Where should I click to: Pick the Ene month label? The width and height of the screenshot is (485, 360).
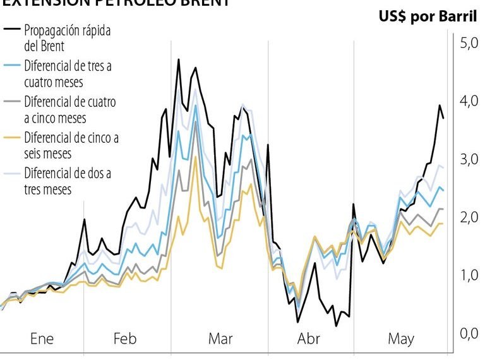click(x=42, y=339)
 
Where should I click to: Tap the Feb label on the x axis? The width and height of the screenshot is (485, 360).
click(x=124, y=339)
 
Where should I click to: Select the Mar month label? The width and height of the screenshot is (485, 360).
click(x=220, y=339)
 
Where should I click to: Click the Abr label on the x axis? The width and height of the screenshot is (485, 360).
click(x=308, y=339)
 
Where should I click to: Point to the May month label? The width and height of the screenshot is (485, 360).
click(x=401, y=339)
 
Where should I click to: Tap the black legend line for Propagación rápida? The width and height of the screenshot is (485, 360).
click(x=12, y=29)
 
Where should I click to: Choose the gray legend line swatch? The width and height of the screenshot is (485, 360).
click(x=12, y=101)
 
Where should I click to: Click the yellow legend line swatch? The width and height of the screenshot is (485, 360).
click(x=12, y=137)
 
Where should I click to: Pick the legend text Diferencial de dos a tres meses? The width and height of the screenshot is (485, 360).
click(x=67, y=180)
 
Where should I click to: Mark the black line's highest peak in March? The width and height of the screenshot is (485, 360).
click(x=179, y=59)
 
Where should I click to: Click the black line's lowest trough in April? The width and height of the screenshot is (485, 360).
click(x=337, y=326)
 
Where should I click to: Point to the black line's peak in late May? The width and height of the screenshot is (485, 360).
click(x=440, y=105)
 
